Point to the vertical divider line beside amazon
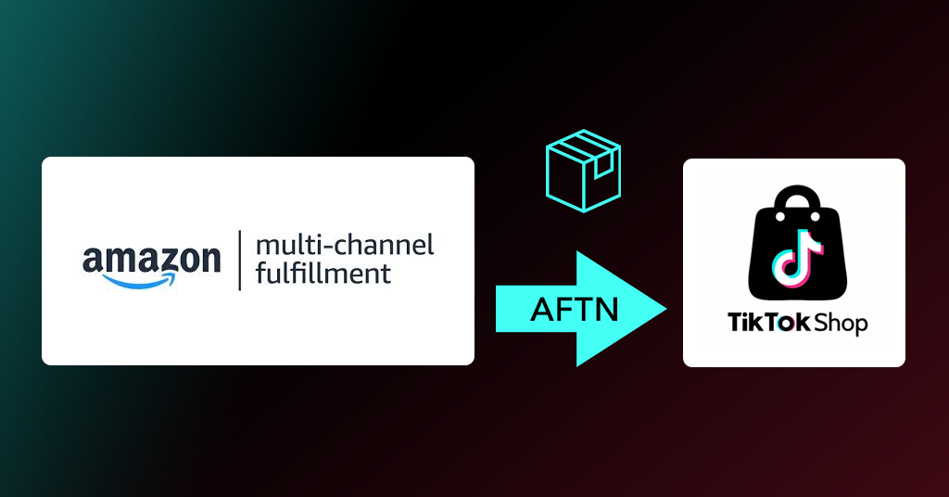(x=240, y=261)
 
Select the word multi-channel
(x=344, y=246)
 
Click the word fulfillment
(x=323, y=274)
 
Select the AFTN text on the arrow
(x=575, y=309)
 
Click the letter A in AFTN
(x=542, y=309)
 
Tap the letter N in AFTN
(x=606, y=309)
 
